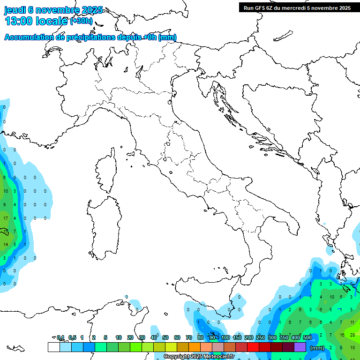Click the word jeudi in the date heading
15,10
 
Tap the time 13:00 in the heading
19,21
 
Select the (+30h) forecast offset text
81,21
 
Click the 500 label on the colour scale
307,337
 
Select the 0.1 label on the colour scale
60,337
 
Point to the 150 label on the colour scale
237,337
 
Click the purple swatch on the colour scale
300,347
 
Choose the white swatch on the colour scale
53,347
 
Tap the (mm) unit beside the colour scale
317,348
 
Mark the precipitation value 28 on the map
352,335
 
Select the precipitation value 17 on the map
6,218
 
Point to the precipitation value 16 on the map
343,335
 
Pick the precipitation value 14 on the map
6,245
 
